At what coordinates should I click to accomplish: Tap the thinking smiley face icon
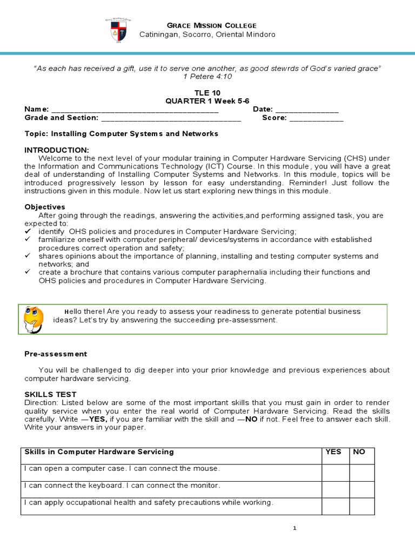tap(34, 320)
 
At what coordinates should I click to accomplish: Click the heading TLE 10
tap(207, 93)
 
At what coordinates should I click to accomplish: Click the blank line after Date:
tap(307, 110)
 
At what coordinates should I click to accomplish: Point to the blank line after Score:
tap(316, 118)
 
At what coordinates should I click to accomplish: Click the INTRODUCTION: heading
tap(57, 150)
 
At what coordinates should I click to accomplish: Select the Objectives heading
tap(45, 207)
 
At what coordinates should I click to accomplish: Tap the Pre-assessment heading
tap(56, 354)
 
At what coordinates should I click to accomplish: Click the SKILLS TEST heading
tap(51, 394)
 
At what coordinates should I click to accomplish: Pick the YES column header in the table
tap(333, 451)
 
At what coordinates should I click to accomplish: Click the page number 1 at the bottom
tap(295, 529)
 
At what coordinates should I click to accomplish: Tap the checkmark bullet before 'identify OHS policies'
tap(28, 231)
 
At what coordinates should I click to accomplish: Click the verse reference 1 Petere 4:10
tap(207, 77)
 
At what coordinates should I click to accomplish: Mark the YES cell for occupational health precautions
tap(335, 506)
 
